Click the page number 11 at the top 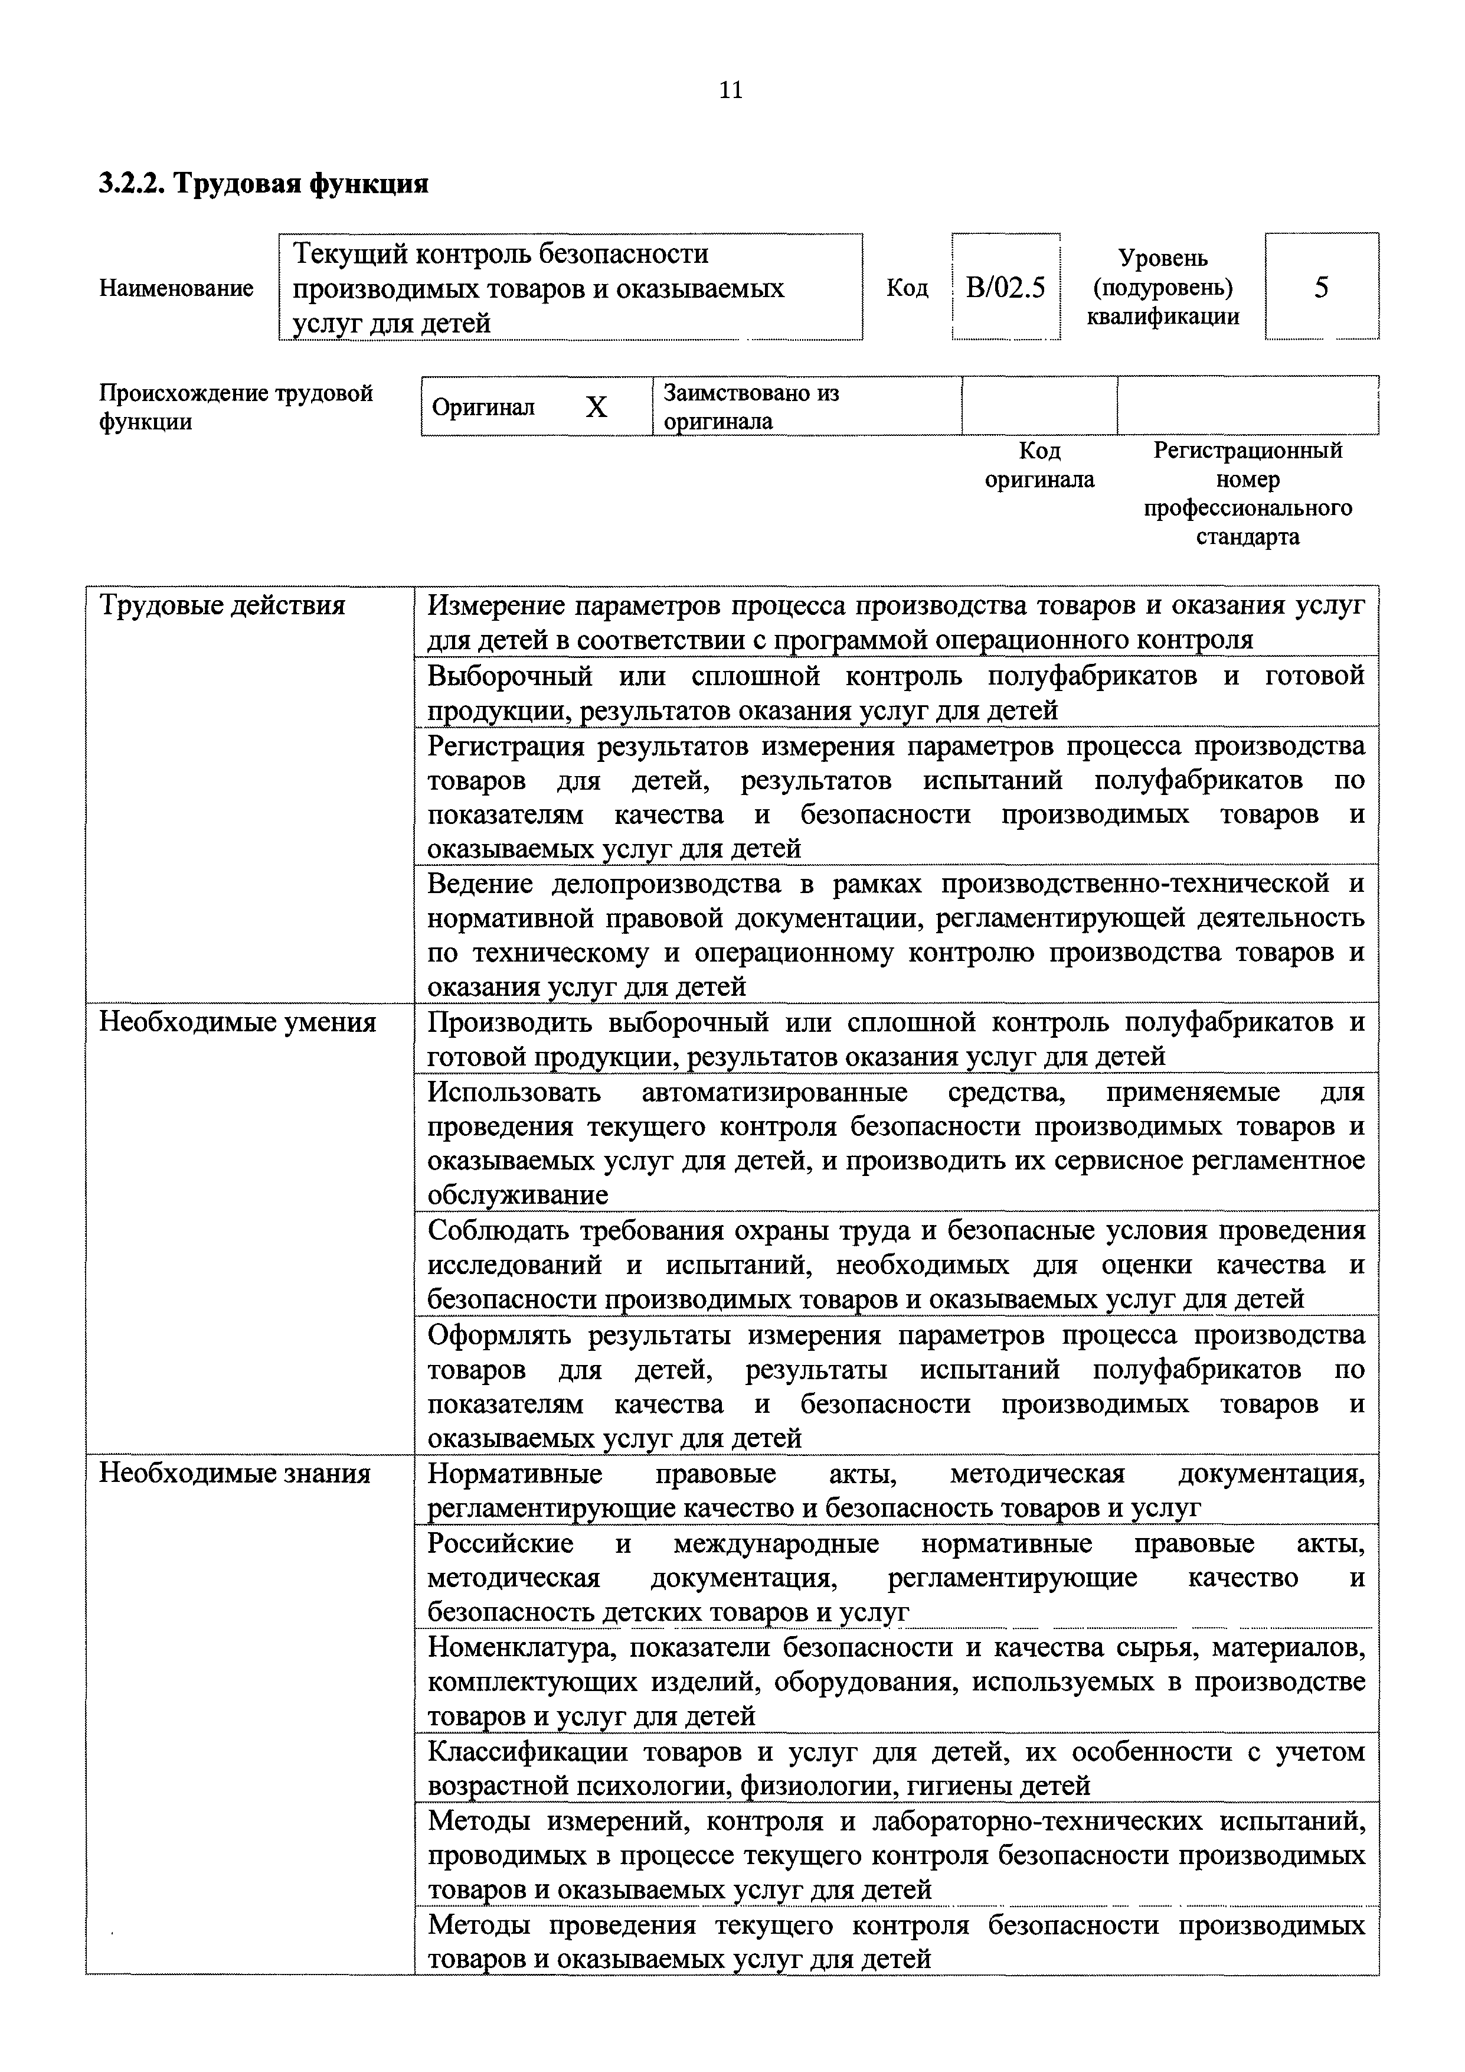(x=731, y=90)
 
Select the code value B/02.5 (x=1005, y=288)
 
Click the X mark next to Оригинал (x=596, y=408)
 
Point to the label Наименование (x=176, y=289)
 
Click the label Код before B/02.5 (x=907, y=289)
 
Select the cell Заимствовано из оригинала (x=751, y=407)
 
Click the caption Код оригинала (x=1039, y=465)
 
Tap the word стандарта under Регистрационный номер (x=1248, y=537)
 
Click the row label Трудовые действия (x=222, y=605)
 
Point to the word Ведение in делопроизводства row (x=479, y=884)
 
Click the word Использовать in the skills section (x=514, y=1092)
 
